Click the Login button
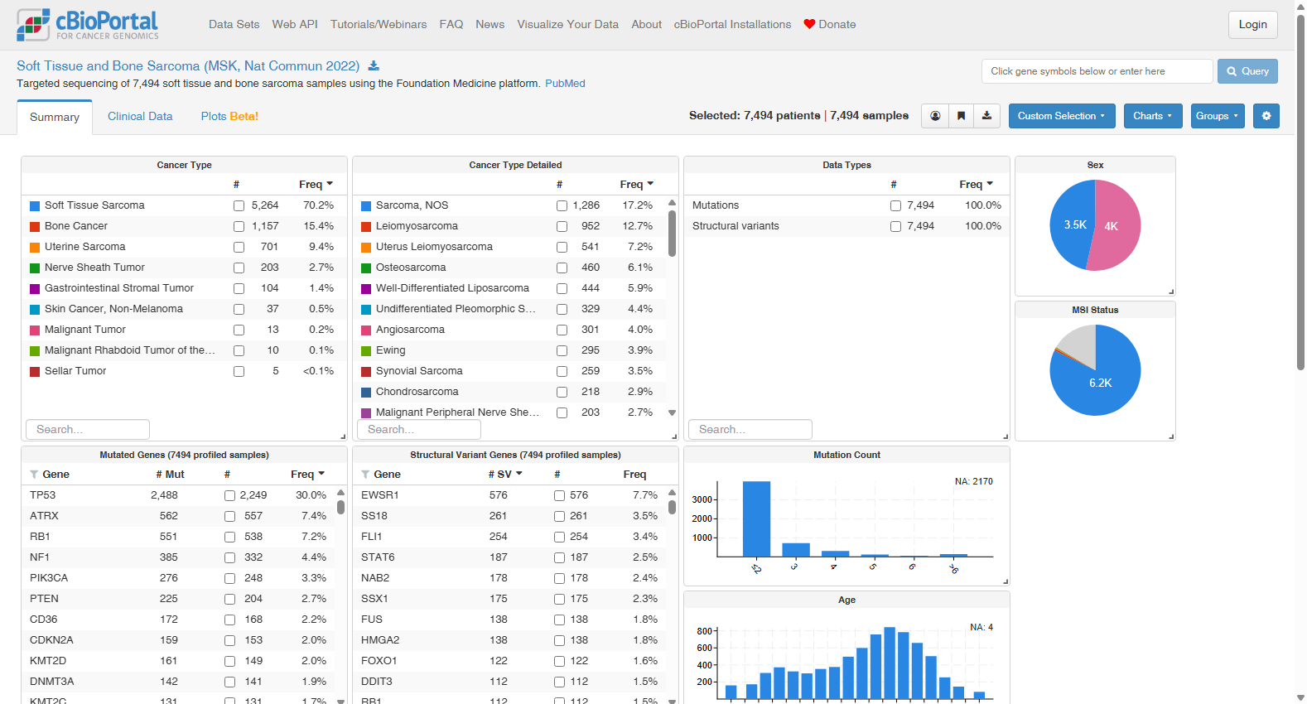click(x=1252, y=25)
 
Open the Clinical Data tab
click(x=140, y=116)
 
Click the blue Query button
click(x=1247, y=71)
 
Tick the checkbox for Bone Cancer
click(x=239, y=226)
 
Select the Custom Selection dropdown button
click(x=1061, y=116)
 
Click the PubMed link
click(x=565, y=84)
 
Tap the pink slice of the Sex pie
click(x=1116, y=225)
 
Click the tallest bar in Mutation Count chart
click(x=756, y=519)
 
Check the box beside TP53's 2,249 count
click(x=230, y=496)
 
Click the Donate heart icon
click(x=808, y=25)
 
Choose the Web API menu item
click(x=295, y=25)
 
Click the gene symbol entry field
click(x=1097, y=71)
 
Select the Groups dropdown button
click(x=1218, y=116)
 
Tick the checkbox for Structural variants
click(x=895, y=226)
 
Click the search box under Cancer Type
click(x=88, y=429)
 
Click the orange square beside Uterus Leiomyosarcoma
click(x=366, y=248)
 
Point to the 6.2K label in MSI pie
click(x=1101, y=383)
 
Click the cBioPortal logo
click(x=88, y=25)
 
